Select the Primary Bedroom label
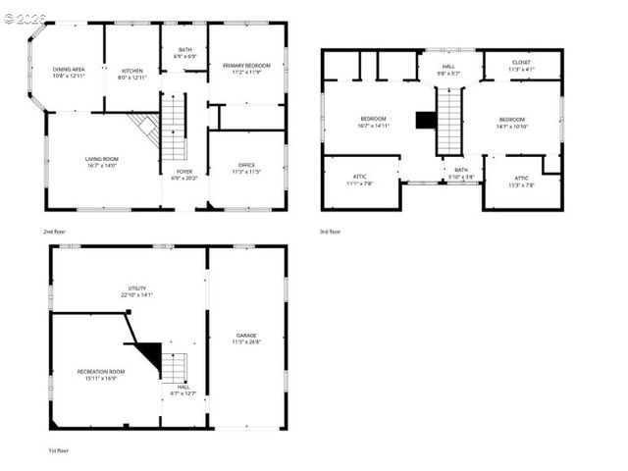click(246, 69)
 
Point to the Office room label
click(246, 168)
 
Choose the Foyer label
click(183, 175)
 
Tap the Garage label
click(246, 339)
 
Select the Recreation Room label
click(101, 374)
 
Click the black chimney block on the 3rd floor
click(426, 120)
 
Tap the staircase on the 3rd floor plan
click(449, 121)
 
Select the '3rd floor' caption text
click(331, 232)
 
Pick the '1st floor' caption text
click(59, 450)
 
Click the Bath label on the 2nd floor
click(185, 53)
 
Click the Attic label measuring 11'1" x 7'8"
click(359, 180)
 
